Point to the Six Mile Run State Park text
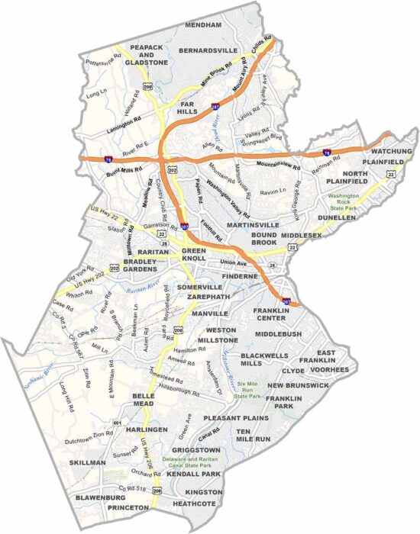pos(250,391)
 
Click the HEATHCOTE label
pos(195,503)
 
